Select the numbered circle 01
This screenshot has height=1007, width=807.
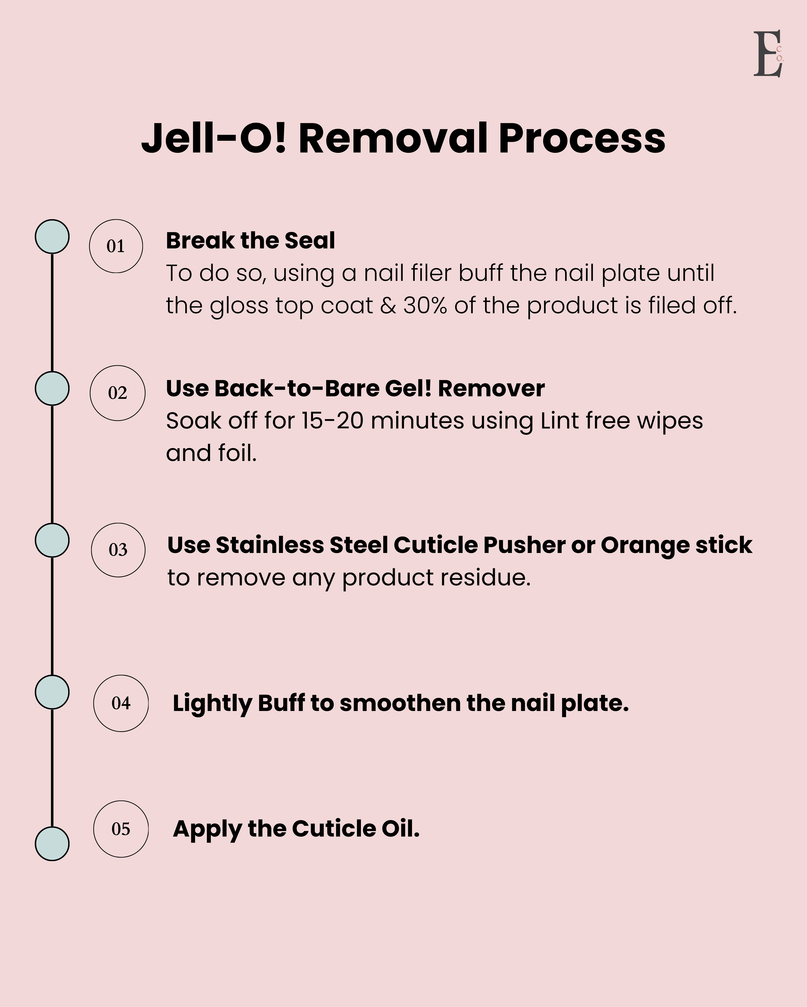point(116,246)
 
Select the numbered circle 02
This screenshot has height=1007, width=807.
point(117,393)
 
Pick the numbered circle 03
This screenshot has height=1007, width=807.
point(118,550)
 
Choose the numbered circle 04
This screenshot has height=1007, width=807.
point(121,703)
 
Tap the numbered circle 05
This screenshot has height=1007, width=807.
point(121,829)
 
